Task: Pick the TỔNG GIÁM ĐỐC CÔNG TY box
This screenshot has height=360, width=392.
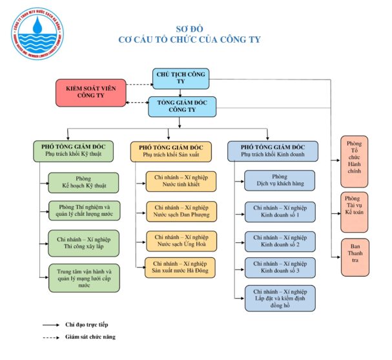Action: click(x=181, y=106)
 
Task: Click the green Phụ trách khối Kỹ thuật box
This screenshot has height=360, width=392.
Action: click(x=73, y=151)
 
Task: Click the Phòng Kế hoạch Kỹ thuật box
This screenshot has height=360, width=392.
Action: click(x=83, y=182)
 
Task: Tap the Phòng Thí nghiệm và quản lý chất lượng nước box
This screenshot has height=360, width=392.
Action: click(x=83, y=211)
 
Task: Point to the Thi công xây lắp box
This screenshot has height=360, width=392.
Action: click(x=83, y=243)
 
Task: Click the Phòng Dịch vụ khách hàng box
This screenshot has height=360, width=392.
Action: click(x=279, y=180)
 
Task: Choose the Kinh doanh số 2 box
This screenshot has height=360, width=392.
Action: click(x=279, y=240)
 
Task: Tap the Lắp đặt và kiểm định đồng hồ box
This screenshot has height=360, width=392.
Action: click(x=279, y=298)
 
